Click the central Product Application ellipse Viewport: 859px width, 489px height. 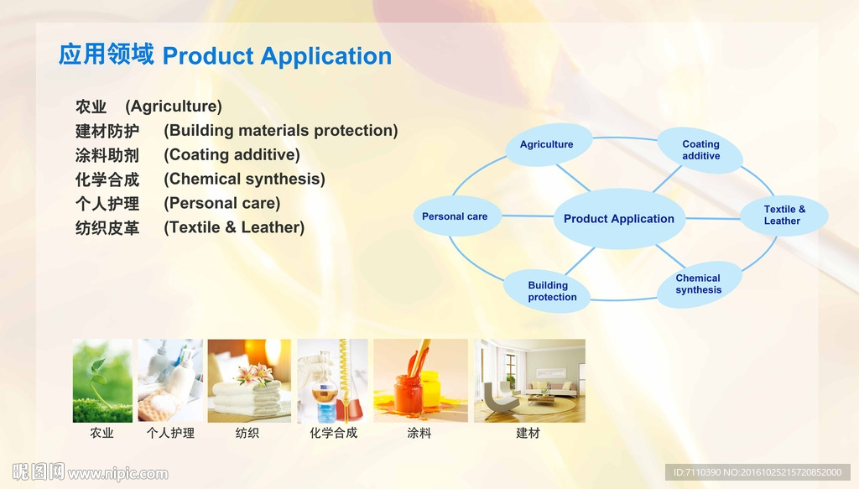click(619, 218)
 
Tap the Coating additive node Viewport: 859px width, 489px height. click(700, 150)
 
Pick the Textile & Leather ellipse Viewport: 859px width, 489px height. click(784, 216)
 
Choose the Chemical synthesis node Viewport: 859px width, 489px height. click(699, 284)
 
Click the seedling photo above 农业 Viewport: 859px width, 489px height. click(102, 381)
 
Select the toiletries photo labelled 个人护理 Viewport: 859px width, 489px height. click(170, 381)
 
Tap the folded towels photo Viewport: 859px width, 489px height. click(249, 381)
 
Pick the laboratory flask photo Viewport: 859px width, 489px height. click(332, 381)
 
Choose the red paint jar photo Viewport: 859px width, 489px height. click(421, 381)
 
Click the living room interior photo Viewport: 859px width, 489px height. click(530, 381)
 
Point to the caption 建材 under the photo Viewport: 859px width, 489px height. click(528, 433)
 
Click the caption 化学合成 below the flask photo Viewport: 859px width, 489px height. click(334, 433)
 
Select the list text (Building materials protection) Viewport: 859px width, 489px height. click(281, 130)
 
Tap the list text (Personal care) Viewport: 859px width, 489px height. click(221, 203)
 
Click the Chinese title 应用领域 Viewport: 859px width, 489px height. click(107, 55)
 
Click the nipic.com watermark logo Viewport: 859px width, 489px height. click(91, 472)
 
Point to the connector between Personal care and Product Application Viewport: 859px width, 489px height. click(528, 216)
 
